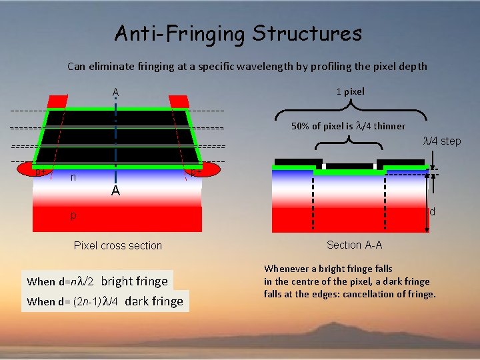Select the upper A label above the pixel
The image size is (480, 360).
[115, 92]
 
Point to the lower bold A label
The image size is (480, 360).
[115, 192]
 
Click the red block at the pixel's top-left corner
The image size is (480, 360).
[57, 101]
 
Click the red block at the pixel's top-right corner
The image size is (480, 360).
[178, 101]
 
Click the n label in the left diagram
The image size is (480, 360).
[73, 178]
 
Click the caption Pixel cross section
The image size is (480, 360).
[118, 245]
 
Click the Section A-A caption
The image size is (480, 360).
[354, 245]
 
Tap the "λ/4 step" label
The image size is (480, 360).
[442, 141]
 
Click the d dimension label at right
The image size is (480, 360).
[432, 212]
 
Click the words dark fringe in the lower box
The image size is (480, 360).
[153, 301]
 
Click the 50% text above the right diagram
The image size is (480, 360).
[303, 126]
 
